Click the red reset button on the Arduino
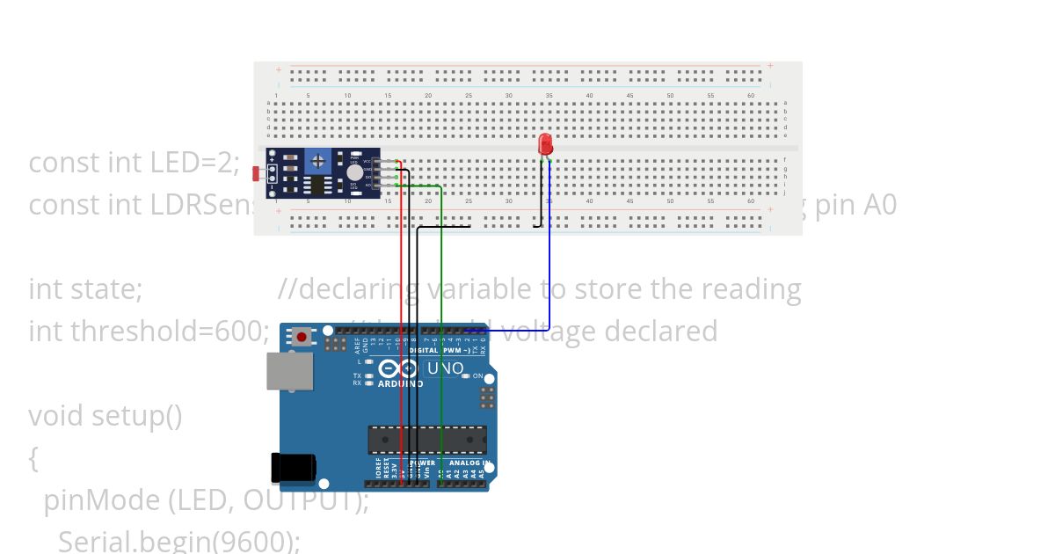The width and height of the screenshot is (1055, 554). pos(302,337)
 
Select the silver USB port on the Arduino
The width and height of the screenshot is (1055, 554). pos(290,371)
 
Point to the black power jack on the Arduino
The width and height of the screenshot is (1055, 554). pos(292,467)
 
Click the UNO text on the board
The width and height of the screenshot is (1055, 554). pos(445,368)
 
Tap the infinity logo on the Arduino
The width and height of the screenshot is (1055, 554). pos(397,369)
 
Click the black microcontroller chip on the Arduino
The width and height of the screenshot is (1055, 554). pos(427,440)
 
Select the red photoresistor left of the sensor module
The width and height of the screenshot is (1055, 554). pos(256,173)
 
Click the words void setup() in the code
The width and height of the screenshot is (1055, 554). pos(105,415)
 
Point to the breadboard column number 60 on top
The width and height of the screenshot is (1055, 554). pos(751,95)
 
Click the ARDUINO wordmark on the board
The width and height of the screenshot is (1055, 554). pos(400,384)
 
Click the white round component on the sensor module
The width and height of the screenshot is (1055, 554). pos(354,173)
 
